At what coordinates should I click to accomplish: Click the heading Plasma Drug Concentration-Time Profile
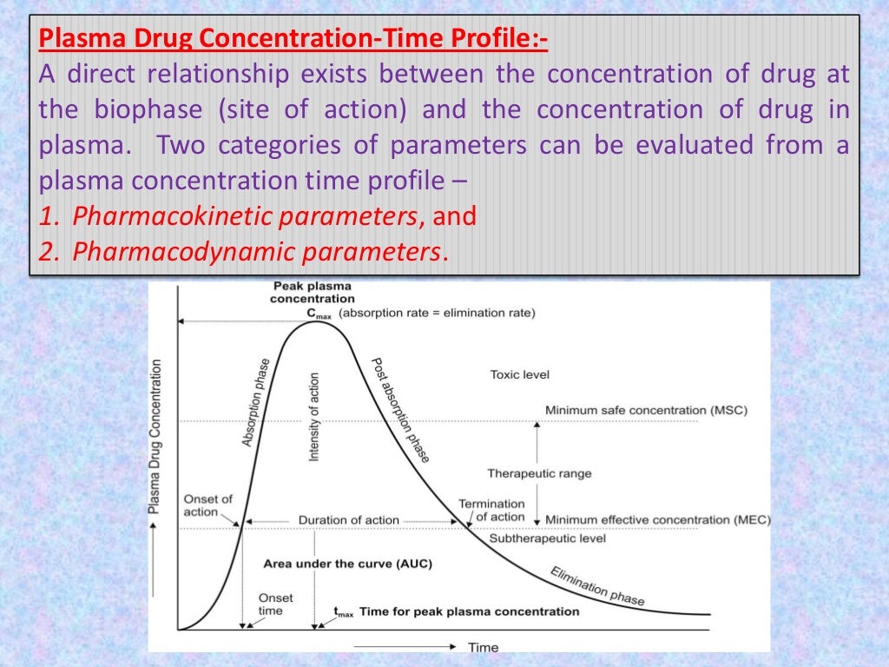[293, 40]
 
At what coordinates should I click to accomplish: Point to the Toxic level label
[520, 375]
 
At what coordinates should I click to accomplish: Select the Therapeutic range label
[539, 473]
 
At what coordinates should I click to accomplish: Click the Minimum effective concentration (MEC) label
[657, 520]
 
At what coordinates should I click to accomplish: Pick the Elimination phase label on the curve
[597, 585]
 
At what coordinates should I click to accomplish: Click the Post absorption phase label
[400, 409]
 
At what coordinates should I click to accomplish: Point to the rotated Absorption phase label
[256, 402]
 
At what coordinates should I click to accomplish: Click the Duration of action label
[348, 520]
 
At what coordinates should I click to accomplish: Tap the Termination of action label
[491, 510]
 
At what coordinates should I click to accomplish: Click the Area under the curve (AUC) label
[347, 564]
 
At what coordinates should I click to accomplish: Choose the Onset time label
[275, 604]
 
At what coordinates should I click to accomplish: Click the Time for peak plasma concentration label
[468, 611]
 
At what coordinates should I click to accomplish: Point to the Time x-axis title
[483, 647]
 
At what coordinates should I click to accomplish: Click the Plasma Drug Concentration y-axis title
[155, 436]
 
